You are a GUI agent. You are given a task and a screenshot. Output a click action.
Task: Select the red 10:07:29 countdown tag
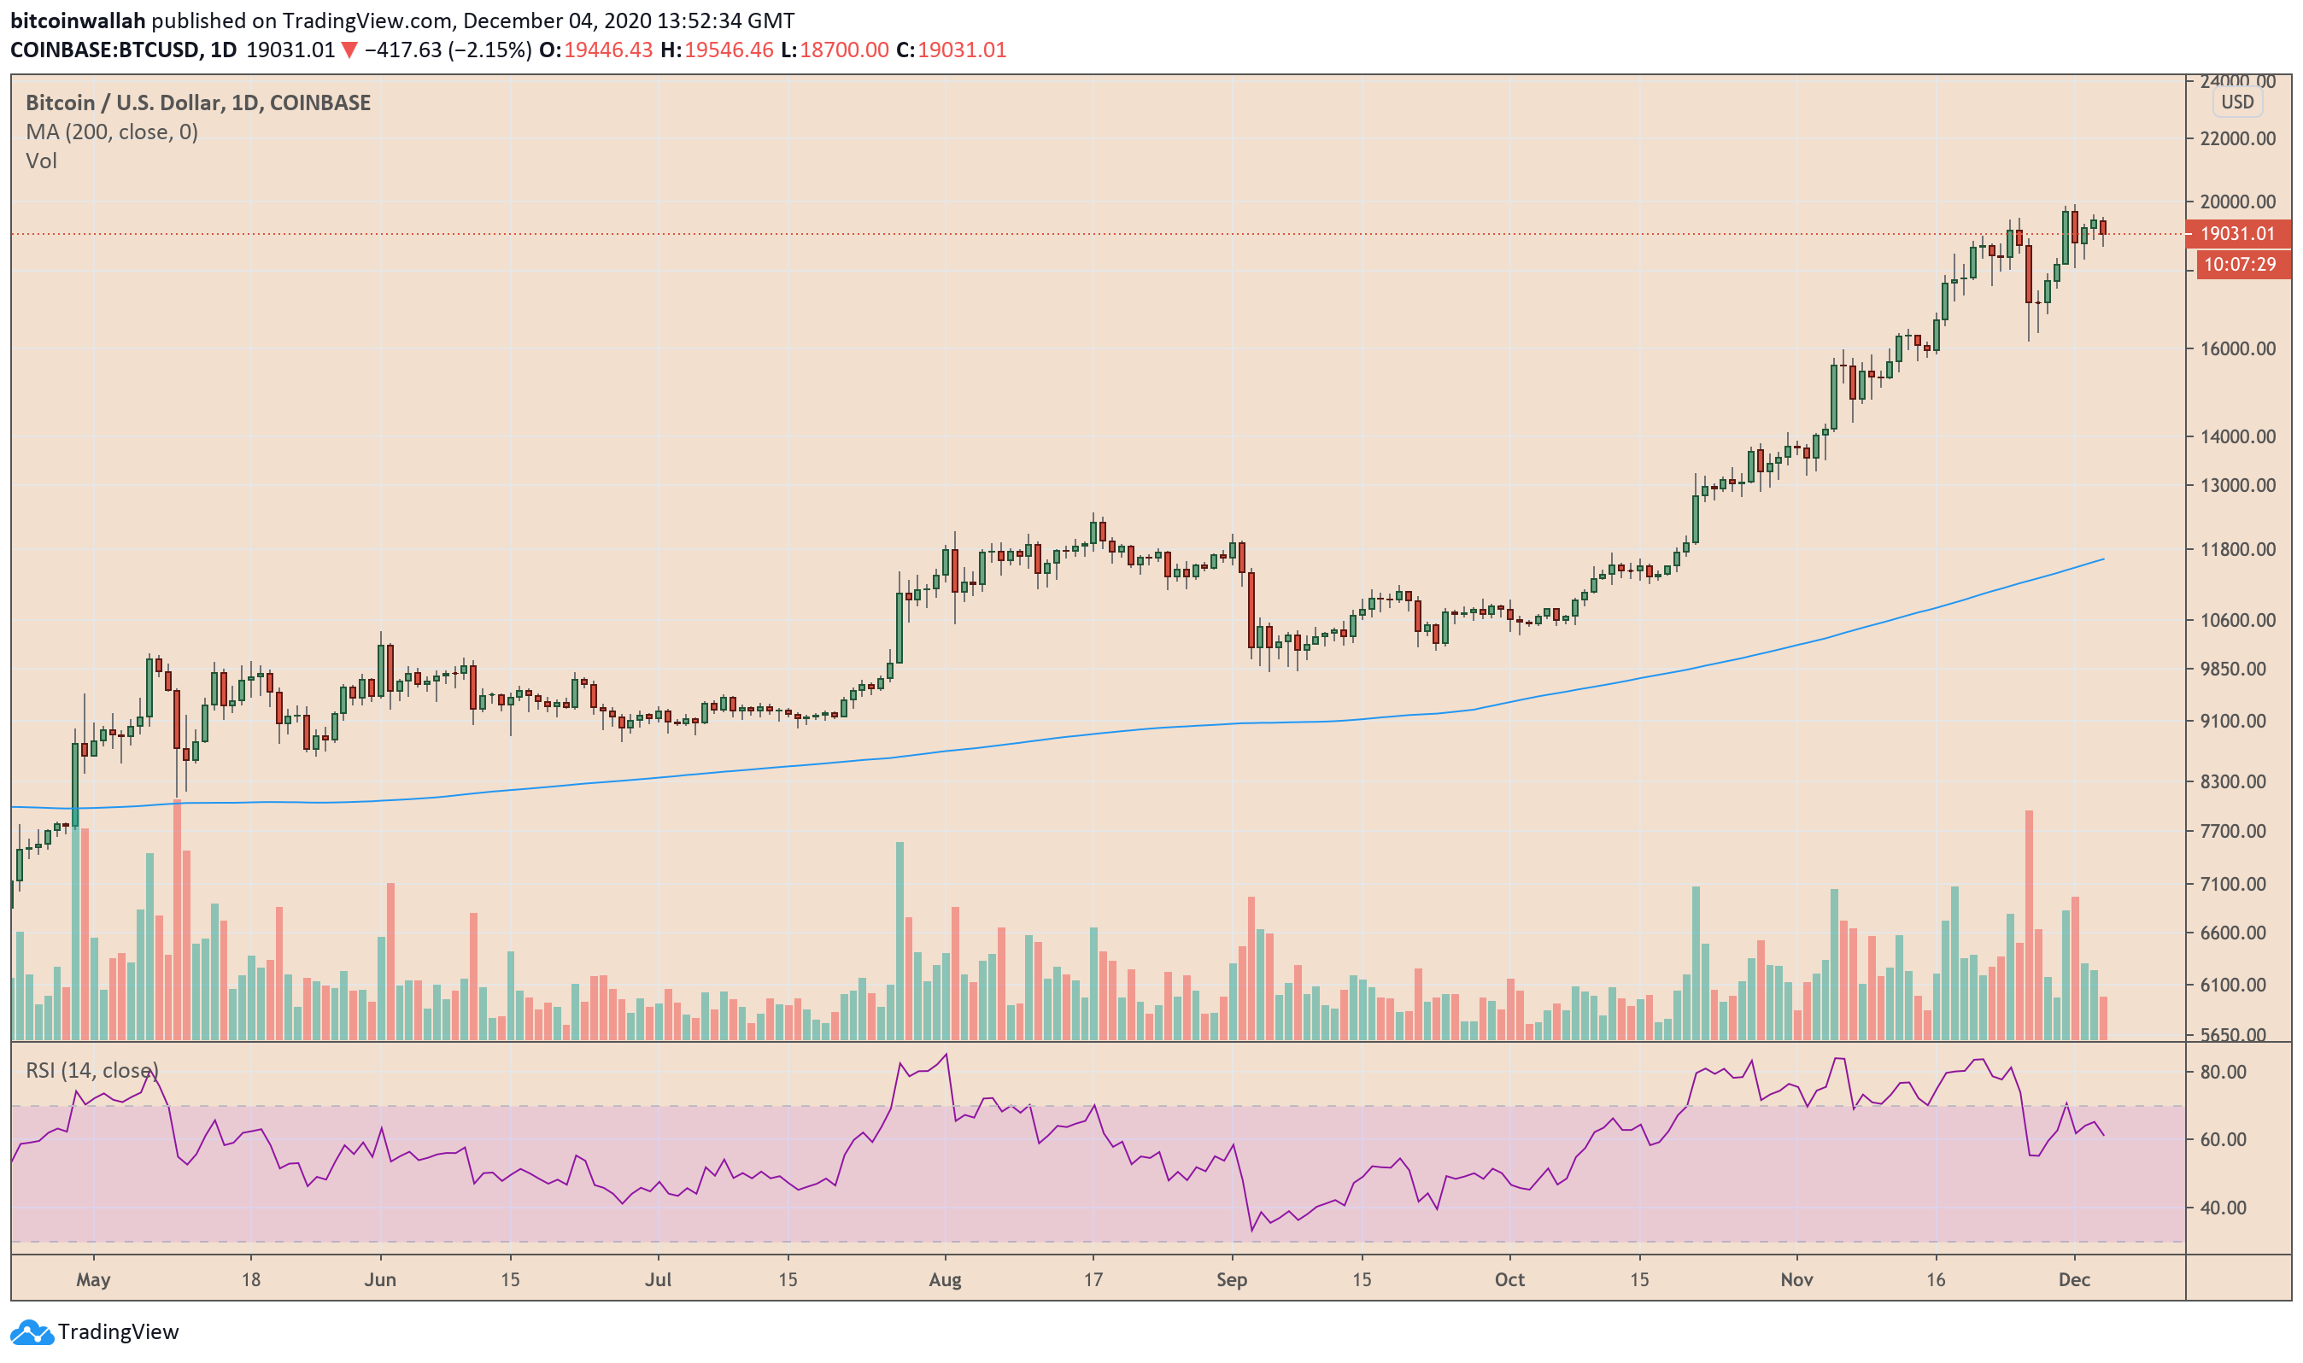pyautogui.click(x=2239, y=265)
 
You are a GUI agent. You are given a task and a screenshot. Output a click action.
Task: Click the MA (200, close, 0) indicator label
pyautogui.click(x=111, y=132)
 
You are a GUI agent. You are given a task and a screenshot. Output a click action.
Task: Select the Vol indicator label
pyautogui.click(x=41, y=161)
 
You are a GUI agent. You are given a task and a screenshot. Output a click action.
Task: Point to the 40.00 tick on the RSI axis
pyautogui.click(x=2223, y=1208)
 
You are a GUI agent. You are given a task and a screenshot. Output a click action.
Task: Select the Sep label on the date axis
pyautogui.click(x=1231, y=1280)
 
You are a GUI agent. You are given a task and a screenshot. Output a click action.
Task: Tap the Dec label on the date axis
pyautogui.click(x=2074, y=1280)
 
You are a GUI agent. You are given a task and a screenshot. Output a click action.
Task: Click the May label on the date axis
pyautogui.click(x=93, y=1280)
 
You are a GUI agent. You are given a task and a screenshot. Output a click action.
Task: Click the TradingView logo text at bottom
pyautogui.click(x=118, y=1331)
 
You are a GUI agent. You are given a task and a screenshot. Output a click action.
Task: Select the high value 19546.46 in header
pyautogui.click(x=729, y=50)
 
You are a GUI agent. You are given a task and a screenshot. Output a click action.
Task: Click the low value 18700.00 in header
pyautogui.click(x=843, y=50)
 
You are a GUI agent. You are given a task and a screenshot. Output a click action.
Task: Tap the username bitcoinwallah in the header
pyautogui.click(x=78, y=20)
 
